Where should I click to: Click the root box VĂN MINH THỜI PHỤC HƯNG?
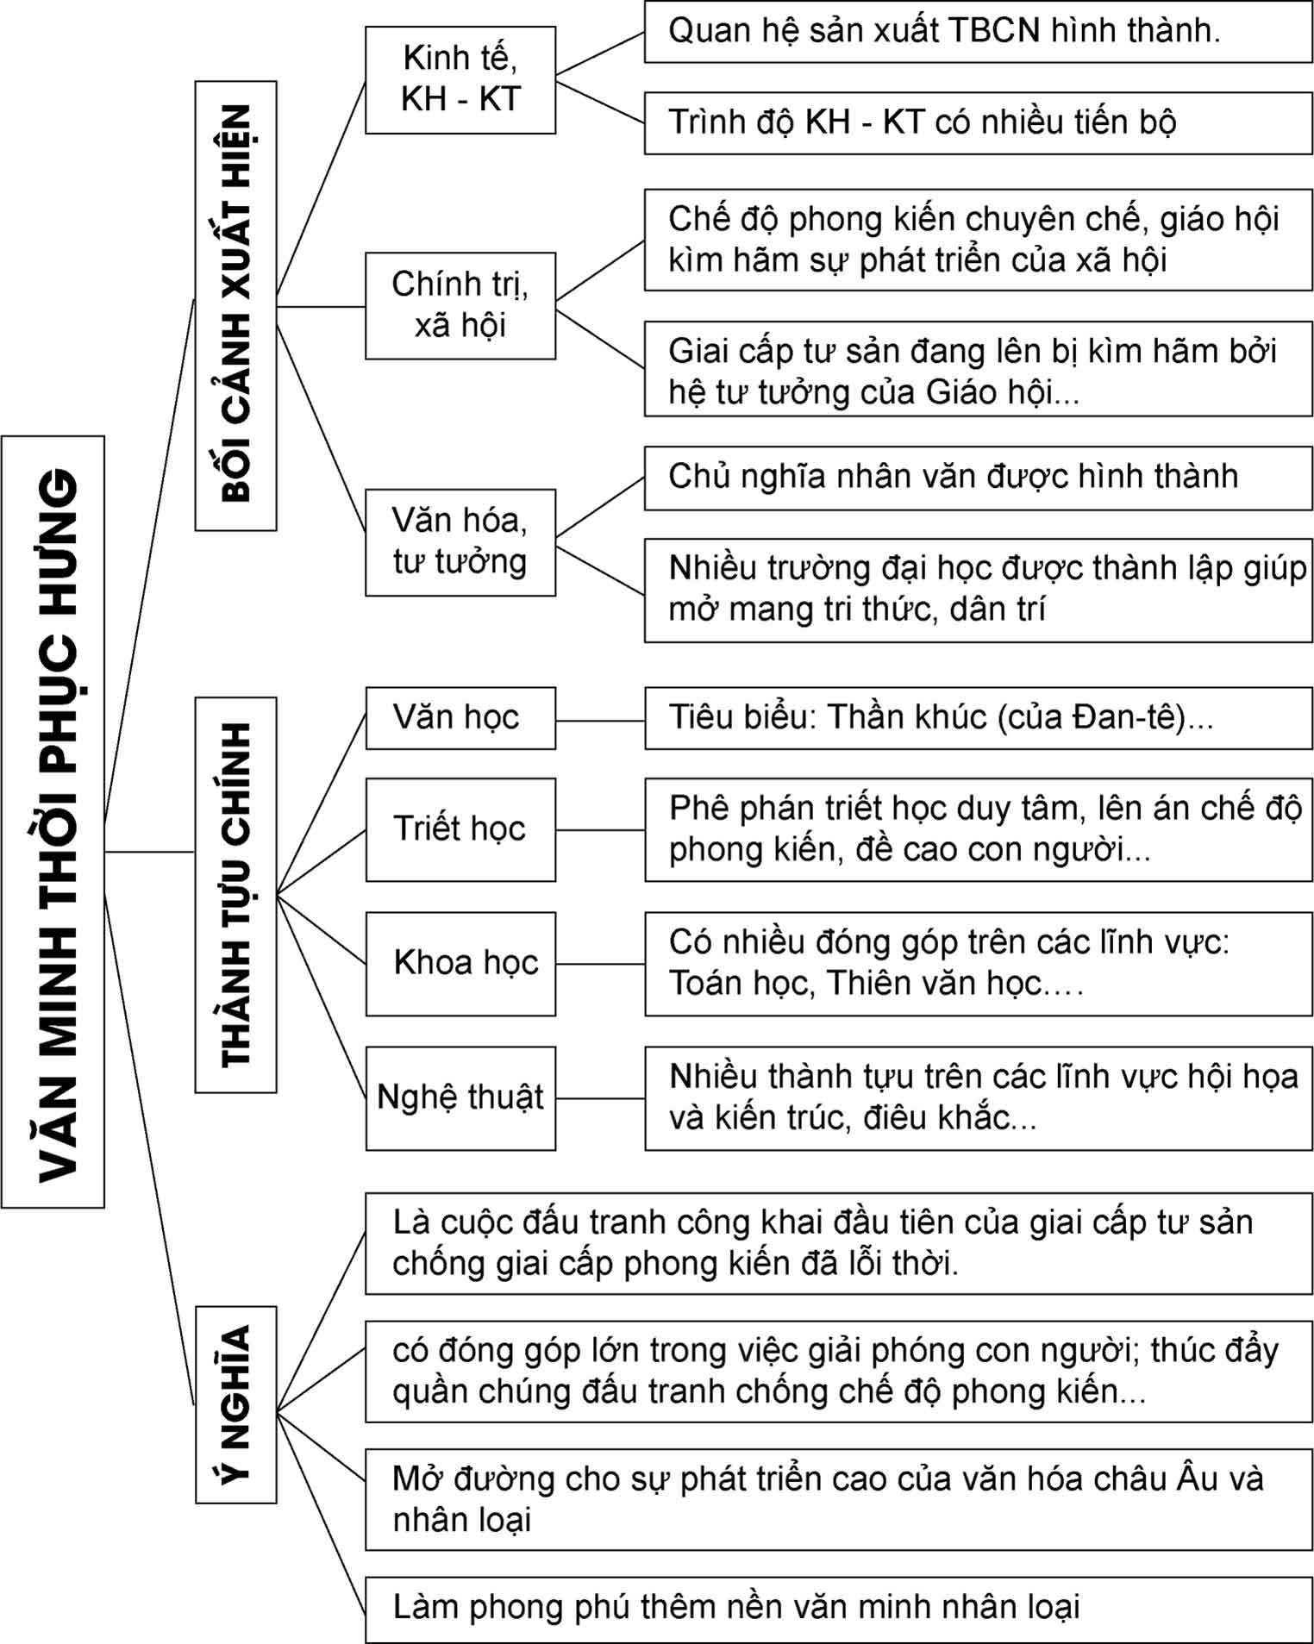pos(53,821)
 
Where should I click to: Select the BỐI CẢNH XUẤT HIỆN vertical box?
pos(235,305)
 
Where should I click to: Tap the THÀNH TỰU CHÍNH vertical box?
pos(235,894)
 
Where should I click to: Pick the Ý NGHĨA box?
pos(235,1404)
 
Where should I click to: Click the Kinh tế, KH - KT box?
pos(460,79)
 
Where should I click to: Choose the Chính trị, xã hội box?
pos(460,305)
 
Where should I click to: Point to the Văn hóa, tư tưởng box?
pos(460,541)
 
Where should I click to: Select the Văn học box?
pos(460,717)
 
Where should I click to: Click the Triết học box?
pos(460,829)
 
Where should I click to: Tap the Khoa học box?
pos(460,963)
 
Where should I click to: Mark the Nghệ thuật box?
pos(460,1097)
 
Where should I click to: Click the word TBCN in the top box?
pos(994,31)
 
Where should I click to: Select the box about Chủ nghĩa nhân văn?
pos(977,477)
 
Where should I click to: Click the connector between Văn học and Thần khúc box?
pos(600,721)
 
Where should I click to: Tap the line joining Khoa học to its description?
pos(600,964)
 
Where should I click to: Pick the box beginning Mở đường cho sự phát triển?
pos(838,1499)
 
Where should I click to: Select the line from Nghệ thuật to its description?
pos(600,1098)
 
